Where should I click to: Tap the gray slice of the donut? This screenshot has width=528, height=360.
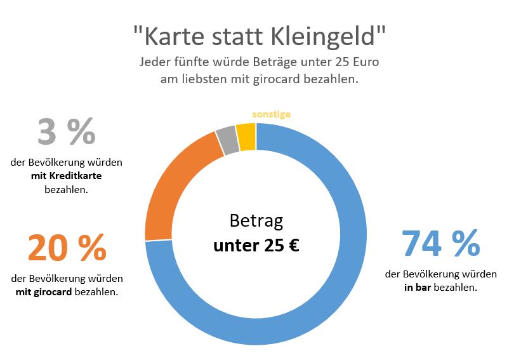227,140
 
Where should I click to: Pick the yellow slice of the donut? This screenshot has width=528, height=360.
246,137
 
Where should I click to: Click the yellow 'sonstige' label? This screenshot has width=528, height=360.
271,114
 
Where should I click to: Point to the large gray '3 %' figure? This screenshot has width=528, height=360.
66,131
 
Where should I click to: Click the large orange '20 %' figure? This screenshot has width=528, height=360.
67,248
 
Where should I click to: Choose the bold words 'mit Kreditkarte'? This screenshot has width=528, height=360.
66,176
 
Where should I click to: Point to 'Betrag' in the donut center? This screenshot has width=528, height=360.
256,222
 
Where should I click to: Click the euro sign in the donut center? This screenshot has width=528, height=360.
293,245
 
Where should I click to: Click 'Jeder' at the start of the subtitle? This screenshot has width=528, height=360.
154,63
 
